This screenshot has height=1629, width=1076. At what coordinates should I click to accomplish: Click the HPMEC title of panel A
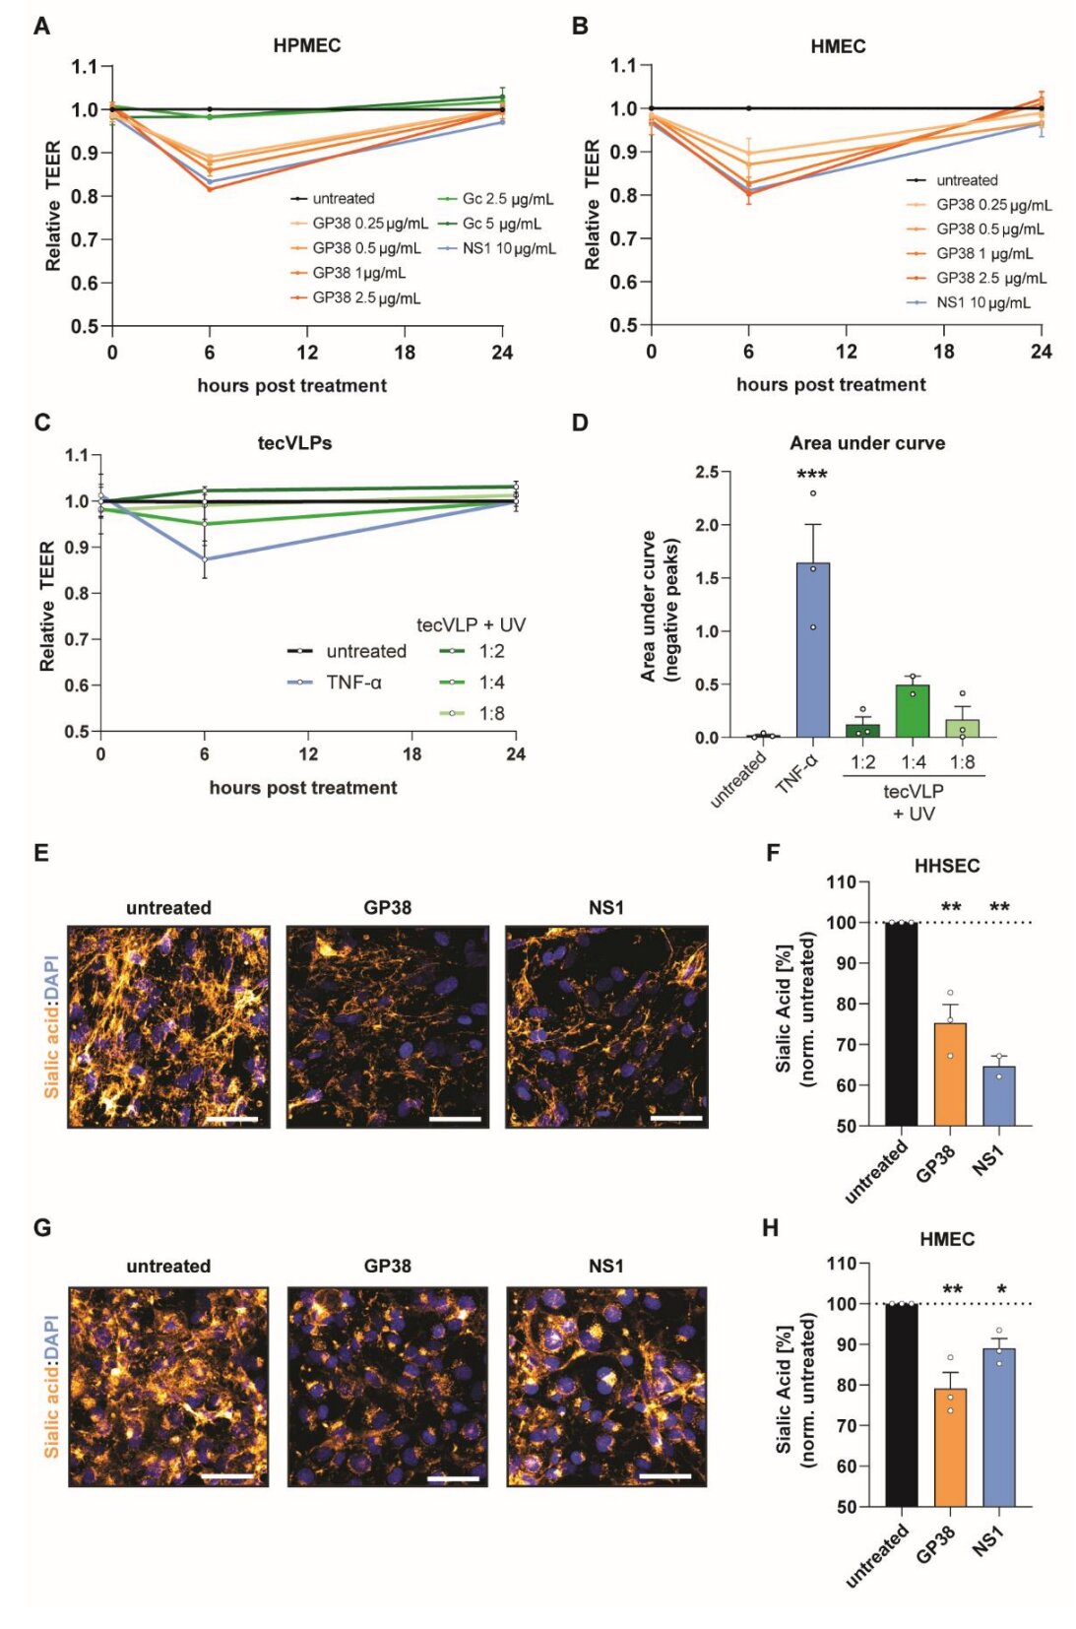307,45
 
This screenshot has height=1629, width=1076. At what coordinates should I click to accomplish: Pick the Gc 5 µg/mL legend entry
501,224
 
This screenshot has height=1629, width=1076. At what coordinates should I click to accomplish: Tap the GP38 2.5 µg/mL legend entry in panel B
990,278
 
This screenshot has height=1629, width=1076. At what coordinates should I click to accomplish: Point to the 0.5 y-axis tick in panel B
624,325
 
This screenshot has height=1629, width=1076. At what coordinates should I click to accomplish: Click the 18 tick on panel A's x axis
405,353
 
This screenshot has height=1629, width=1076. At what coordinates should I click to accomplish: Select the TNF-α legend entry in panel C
353,682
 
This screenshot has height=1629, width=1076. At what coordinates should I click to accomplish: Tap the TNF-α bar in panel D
813,650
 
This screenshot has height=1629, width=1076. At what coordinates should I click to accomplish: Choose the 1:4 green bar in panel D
913,711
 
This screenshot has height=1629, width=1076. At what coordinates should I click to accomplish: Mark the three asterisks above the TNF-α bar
812,476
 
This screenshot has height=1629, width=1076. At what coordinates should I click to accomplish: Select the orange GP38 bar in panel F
950,1074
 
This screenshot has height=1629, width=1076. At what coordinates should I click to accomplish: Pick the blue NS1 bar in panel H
999,1427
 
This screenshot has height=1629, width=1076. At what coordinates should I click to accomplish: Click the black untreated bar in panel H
901,1404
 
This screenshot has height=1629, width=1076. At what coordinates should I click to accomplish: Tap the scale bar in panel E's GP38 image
455,1119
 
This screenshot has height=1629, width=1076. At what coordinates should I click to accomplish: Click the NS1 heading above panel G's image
606,1266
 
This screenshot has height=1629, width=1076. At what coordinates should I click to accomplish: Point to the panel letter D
580,423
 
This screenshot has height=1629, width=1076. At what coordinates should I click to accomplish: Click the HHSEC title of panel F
947,866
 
